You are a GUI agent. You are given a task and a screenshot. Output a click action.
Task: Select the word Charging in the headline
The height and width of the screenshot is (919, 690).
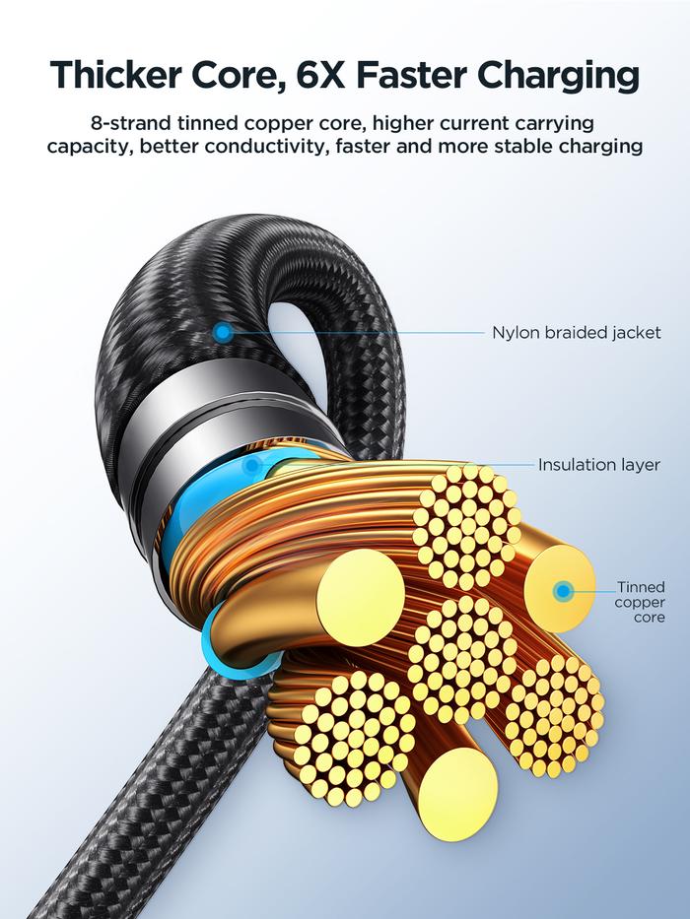click(554, 77)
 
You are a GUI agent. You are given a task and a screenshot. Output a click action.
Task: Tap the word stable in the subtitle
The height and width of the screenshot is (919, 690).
click(538, 147)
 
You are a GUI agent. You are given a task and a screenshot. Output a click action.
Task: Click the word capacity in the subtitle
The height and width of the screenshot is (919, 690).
click(88, 148)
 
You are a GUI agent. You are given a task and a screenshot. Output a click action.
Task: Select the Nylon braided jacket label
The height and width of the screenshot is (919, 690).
click(576, 333)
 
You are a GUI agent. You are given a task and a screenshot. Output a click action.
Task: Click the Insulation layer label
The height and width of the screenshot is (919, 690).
click(598, 464)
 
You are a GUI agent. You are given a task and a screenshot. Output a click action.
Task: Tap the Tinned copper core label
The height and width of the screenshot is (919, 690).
click(640, 602)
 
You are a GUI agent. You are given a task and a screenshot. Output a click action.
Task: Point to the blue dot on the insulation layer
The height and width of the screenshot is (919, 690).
click(254, 464)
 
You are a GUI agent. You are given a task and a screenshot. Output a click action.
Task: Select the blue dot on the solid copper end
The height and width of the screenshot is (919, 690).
click(563, 592)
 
